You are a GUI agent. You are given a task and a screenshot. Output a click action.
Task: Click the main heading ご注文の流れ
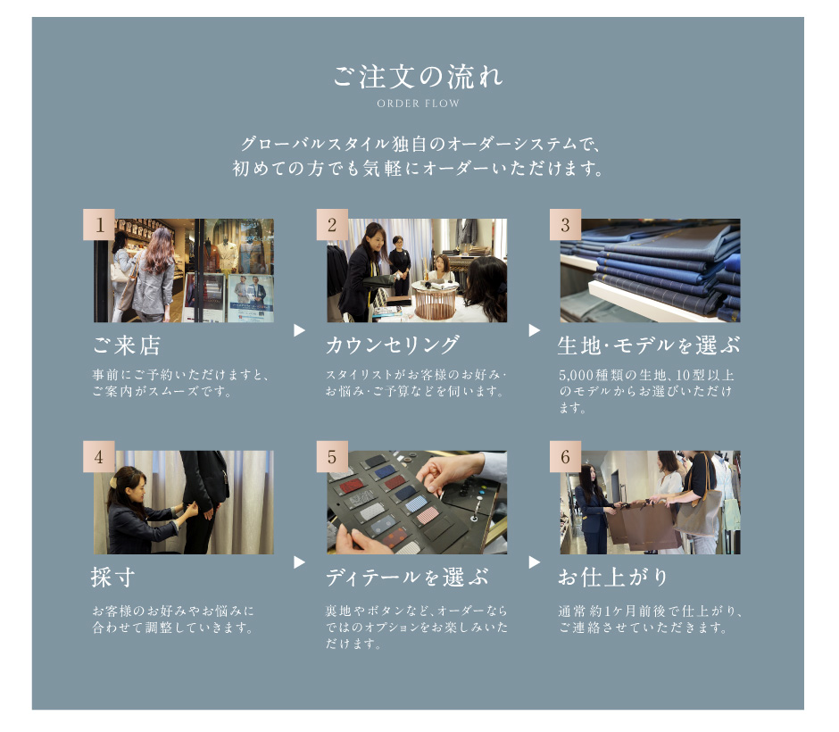[418, 77]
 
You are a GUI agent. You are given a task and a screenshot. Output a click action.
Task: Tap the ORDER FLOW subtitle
[418, 104]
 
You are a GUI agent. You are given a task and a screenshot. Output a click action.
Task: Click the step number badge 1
[99, 225]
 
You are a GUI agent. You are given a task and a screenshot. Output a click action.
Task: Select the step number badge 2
[332, 225]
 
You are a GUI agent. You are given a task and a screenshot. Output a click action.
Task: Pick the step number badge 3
[566, 225]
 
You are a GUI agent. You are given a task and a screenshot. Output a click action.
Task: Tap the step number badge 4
[99, 456]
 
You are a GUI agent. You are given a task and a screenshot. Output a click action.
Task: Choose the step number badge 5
[332, 456]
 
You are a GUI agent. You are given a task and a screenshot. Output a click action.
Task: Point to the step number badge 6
[566, 456]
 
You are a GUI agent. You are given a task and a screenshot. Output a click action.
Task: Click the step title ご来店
[126, 345]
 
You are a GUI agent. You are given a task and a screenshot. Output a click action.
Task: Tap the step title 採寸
[112, 578]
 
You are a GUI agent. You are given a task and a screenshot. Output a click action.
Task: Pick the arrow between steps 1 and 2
[299, 330]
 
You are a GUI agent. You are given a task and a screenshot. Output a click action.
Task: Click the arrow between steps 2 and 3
[534, 330]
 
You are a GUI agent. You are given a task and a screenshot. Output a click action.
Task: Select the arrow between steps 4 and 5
[299, 562]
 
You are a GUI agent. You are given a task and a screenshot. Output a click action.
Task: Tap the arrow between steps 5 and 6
[534, 562]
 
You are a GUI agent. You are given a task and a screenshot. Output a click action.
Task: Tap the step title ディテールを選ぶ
[407, 578]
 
